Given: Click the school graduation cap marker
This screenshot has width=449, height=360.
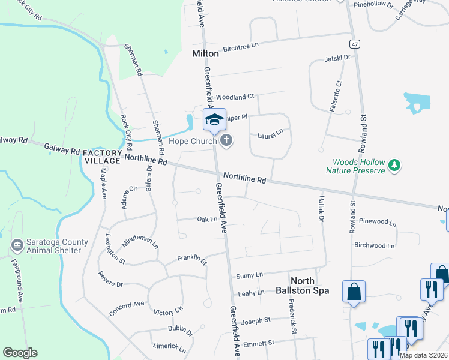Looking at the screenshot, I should tap(214, 119).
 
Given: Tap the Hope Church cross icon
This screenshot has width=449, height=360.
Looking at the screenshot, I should tap(226, 141).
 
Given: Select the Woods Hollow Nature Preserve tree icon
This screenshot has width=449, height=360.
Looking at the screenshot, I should tap(394, 164).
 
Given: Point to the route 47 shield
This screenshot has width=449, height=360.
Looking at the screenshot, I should tap(355, 44).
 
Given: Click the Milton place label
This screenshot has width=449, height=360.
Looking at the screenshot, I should tap(205, 53).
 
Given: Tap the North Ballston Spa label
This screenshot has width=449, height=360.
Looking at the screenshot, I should tap(310, 286).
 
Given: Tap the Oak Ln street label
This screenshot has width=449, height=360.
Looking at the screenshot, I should tap(207, 220).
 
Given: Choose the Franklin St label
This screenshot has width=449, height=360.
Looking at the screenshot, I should tap(191, 260).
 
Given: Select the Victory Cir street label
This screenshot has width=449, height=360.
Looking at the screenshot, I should tap(168, 312).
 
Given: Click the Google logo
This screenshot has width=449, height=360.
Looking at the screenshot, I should tap(20, 353).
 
